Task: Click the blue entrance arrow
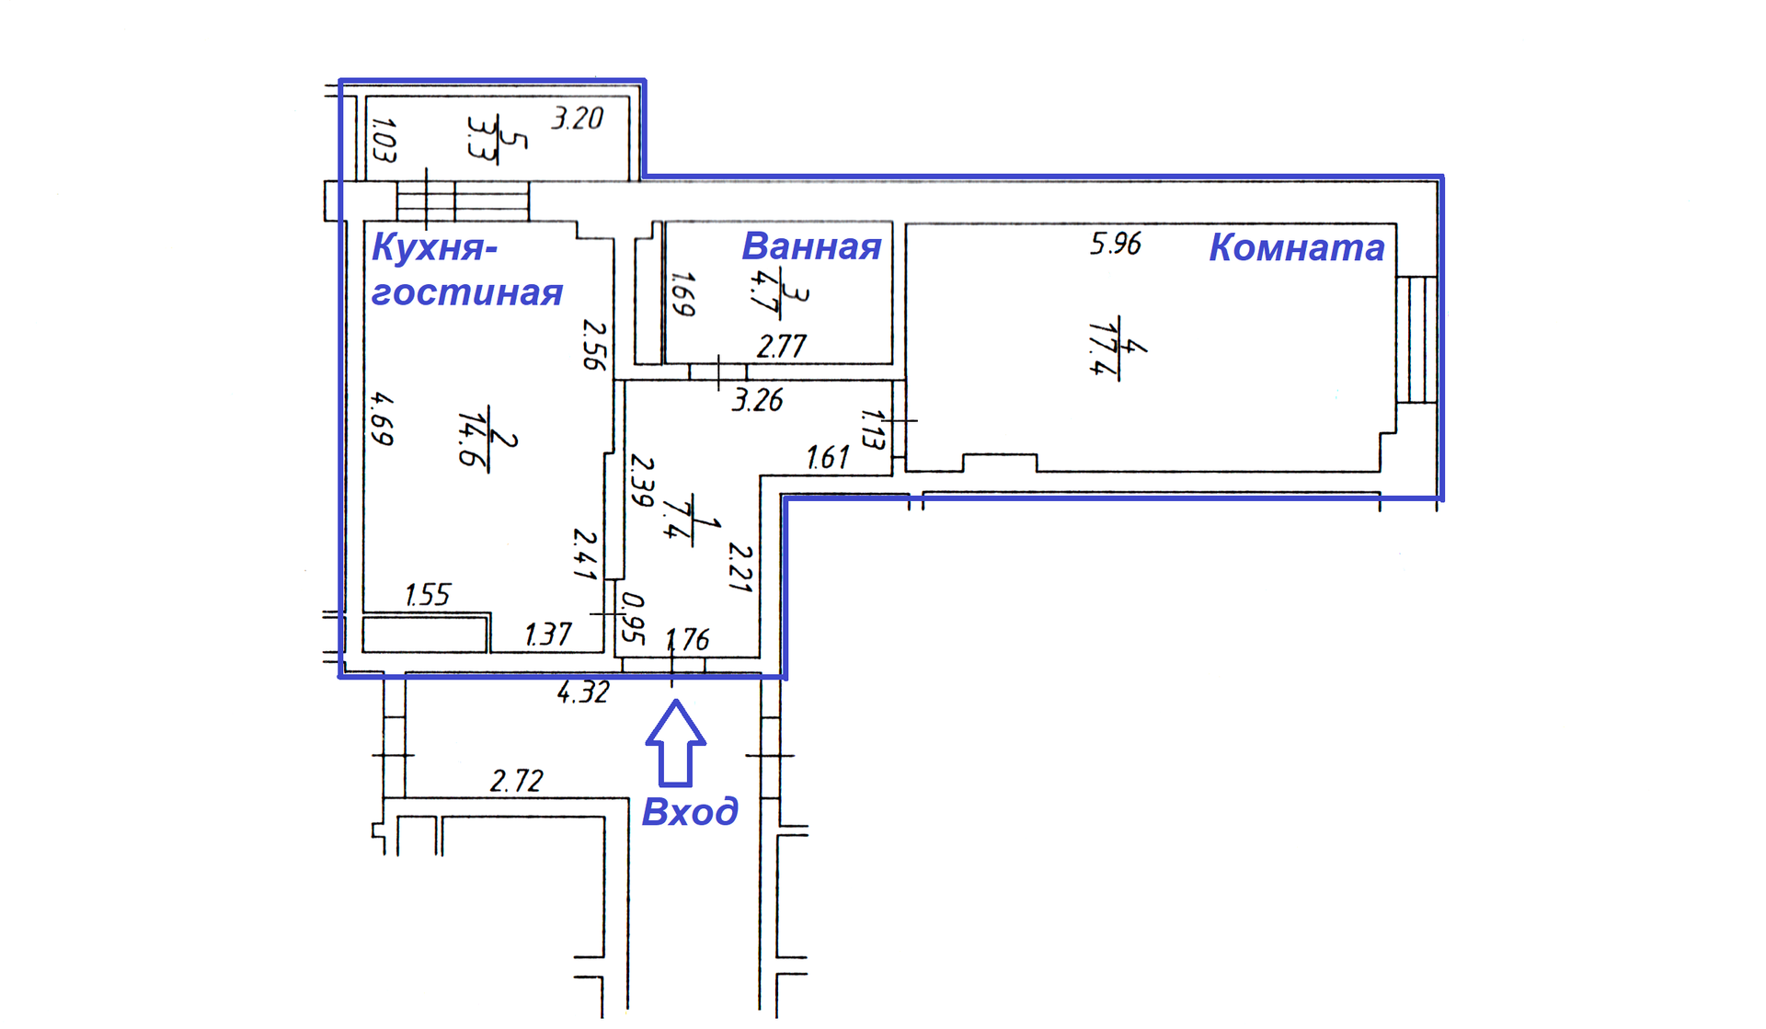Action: point(676,744)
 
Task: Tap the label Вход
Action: point(690,812)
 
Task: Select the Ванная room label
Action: point(811,246)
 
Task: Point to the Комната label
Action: point(1296,247)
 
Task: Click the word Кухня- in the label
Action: point(434,247)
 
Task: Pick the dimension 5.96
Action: point(1115,244)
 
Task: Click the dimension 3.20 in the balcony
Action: point(577,119)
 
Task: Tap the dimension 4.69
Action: point(382,418)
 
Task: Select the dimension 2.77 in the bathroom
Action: point(781,347)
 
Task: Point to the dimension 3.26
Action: point(757,400)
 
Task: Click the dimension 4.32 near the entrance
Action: point(583,692)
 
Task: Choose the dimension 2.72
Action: point(516,781)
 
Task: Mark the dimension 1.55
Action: point(428,595)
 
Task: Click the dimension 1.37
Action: point(548,635)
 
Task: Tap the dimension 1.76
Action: point(687,639)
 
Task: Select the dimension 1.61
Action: point(828,457)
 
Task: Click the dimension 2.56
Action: point(595,344)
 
